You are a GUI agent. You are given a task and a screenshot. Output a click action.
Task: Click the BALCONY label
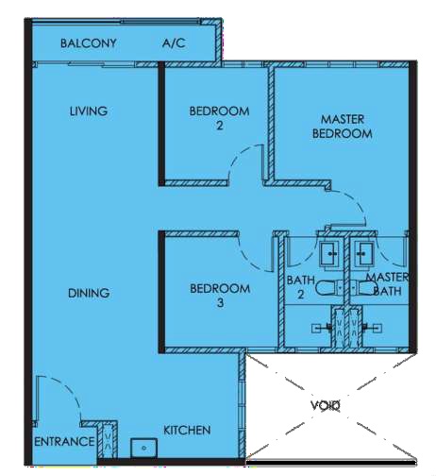(x=89, y=43)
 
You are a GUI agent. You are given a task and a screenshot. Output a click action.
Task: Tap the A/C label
(x=174, y=43)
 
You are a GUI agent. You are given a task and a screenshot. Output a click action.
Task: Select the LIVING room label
(x=89, y=111)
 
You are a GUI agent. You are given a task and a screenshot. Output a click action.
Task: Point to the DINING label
(x=89, y=293)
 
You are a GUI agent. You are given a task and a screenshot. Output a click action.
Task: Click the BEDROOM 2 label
(x=219, y=118)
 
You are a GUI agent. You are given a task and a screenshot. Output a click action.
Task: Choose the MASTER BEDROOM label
(x=343, y=127)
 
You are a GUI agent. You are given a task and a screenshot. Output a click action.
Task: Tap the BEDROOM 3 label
(x=220, y=296)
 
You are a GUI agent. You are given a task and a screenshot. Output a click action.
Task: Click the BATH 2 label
(x=301, y=287)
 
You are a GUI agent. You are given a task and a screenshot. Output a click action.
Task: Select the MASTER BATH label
(x=387, y=284)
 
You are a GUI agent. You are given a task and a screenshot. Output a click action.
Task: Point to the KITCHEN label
(x=187, y=431)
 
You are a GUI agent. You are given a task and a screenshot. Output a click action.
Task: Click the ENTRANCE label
(x=64, y=442)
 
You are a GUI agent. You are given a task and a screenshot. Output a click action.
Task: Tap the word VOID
(x=326, y=405)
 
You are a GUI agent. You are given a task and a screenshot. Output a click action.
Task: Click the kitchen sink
(x=143, y=448)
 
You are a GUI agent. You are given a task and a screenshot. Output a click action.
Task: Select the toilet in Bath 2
(x=330, y=288)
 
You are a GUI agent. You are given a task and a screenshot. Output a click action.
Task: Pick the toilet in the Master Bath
(x=363, y=288)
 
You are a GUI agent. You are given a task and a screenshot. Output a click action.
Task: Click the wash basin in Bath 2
(x=329, y=254)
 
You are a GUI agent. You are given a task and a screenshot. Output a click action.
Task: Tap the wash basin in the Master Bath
(x=363, y=254)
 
